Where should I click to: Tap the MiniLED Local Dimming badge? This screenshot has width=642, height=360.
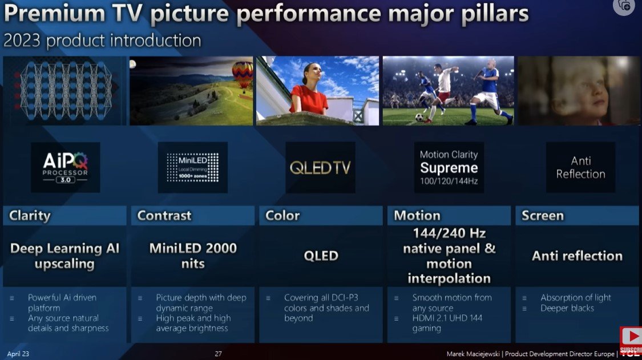[192, 167]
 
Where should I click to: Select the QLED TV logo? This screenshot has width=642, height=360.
[320, 167]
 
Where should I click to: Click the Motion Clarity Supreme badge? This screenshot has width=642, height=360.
[449, 167]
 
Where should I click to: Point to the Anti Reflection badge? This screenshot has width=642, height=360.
[580, 167]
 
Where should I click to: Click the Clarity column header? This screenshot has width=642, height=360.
[30, 216]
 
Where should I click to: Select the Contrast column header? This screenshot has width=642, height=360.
[164, 216]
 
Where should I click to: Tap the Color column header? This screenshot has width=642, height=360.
[282, 216]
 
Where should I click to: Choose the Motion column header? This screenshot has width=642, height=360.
[417, 216]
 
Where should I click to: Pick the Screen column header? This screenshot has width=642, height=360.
[542, 216]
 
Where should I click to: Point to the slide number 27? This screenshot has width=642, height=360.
[218, 354]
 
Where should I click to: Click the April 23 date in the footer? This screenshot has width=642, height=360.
[18, 354]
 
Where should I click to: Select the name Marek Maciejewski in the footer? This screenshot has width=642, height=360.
[473, 354]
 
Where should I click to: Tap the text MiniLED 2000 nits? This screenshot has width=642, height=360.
[192, 256]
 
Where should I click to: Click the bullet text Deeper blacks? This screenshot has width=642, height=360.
[567, 308]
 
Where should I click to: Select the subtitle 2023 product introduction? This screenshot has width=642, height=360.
[102, 41]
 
